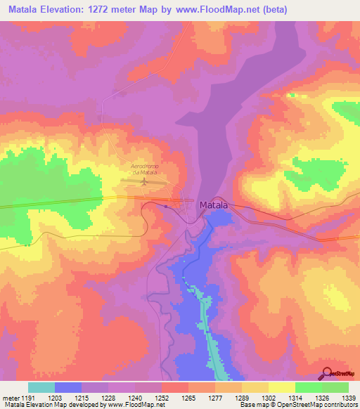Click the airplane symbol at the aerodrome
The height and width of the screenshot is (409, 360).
145,182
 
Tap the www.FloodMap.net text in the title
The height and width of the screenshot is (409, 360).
223,10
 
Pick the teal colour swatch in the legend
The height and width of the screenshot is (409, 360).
41,387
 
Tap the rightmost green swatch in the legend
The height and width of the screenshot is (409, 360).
335,387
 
